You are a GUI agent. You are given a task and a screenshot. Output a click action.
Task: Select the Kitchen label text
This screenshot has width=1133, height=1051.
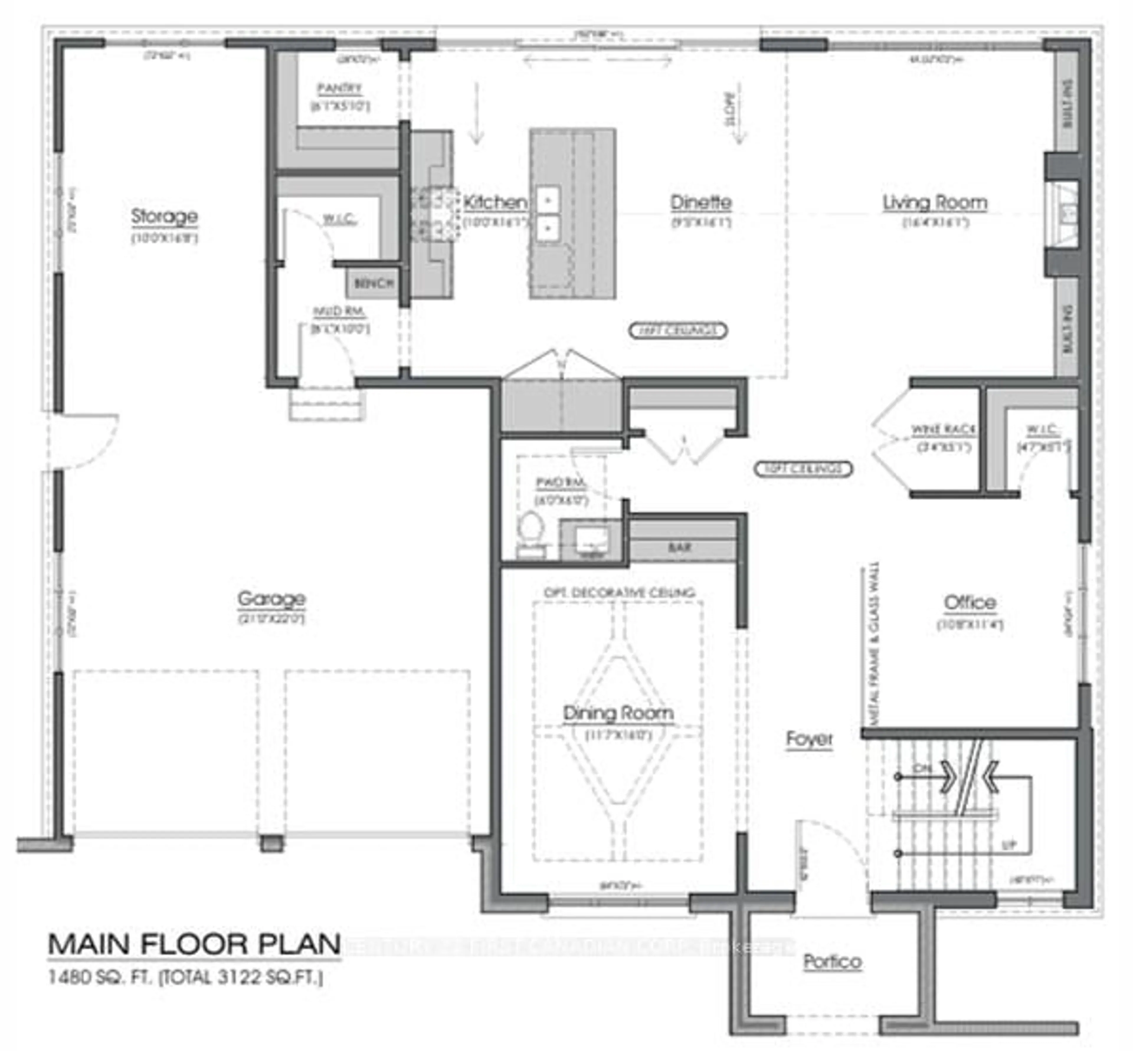pyautogui.click(x=495, y=202)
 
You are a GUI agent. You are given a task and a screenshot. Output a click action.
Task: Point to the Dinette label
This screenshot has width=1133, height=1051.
pyautogui.click(x=701, y=202)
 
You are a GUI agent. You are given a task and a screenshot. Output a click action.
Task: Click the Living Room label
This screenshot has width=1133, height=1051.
pyautogui.click(x=934, y=202)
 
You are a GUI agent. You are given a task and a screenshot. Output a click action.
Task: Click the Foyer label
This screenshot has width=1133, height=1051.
pyautogui.click(x=809, y=739)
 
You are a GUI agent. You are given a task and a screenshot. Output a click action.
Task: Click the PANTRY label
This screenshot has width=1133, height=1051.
pyautogui.click(x=339, y=89)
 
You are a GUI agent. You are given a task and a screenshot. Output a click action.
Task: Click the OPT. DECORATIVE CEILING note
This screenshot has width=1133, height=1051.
pyautogui.click(x=619, y=593)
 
